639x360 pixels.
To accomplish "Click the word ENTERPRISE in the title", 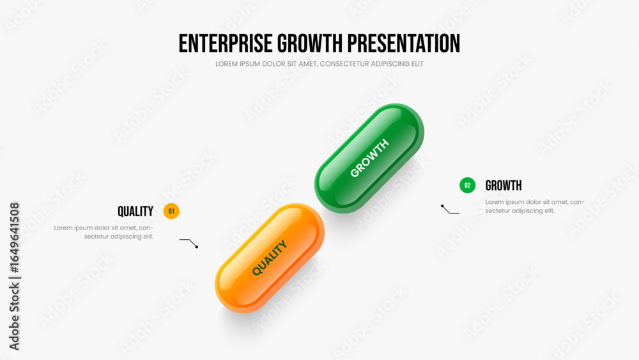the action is (226, 43).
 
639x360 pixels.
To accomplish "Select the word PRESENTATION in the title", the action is (404, 43).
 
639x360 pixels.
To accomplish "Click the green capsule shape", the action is (369, 158).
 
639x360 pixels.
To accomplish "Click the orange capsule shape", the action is (270, 258).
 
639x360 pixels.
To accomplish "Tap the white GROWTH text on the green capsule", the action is (369, 158).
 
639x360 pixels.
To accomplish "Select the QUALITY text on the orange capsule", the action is (270, 258).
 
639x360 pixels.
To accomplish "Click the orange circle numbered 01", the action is (171, 211).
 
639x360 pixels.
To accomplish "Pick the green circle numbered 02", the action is (468, 185).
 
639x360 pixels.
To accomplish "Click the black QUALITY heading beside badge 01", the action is (135, 212).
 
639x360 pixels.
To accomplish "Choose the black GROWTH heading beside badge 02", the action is (504, 186).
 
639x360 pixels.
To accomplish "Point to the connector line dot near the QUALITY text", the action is (197, 247).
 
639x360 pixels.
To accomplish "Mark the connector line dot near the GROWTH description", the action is (442, 206).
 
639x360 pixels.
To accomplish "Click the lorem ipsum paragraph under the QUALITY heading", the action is (104, 232).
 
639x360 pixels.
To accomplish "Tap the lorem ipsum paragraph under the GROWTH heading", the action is (535, 207).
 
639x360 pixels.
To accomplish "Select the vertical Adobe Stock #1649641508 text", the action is (14, 276).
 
